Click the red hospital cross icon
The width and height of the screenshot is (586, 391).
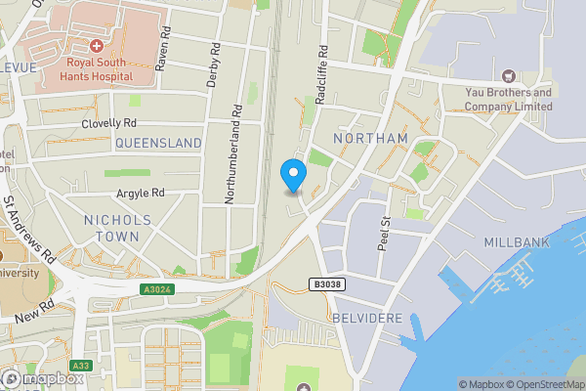(x=97, y=46)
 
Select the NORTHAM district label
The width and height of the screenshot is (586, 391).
(x=370, y=139)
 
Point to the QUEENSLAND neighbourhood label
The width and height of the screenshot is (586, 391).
(x=158, y=144)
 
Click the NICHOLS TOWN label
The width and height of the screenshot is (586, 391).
(x=118, y=228)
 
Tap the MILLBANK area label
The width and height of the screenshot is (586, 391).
(x=517, y=241)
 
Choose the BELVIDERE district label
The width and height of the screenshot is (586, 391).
(x=366, y=319)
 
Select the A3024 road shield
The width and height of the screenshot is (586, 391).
(x=157, y=289)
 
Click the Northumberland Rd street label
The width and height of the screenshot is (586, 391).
(x=232, y=155)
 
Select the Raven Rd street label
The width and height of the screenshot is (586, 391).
(x=163, y=49)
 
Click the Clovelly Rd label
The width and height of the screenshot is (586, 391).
(x=109, y=123)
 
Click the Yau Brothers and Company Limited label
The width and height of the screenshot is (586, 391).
(x=508, y=99)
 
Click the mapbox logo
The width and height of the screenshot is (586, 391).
(x=44, y=378)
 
